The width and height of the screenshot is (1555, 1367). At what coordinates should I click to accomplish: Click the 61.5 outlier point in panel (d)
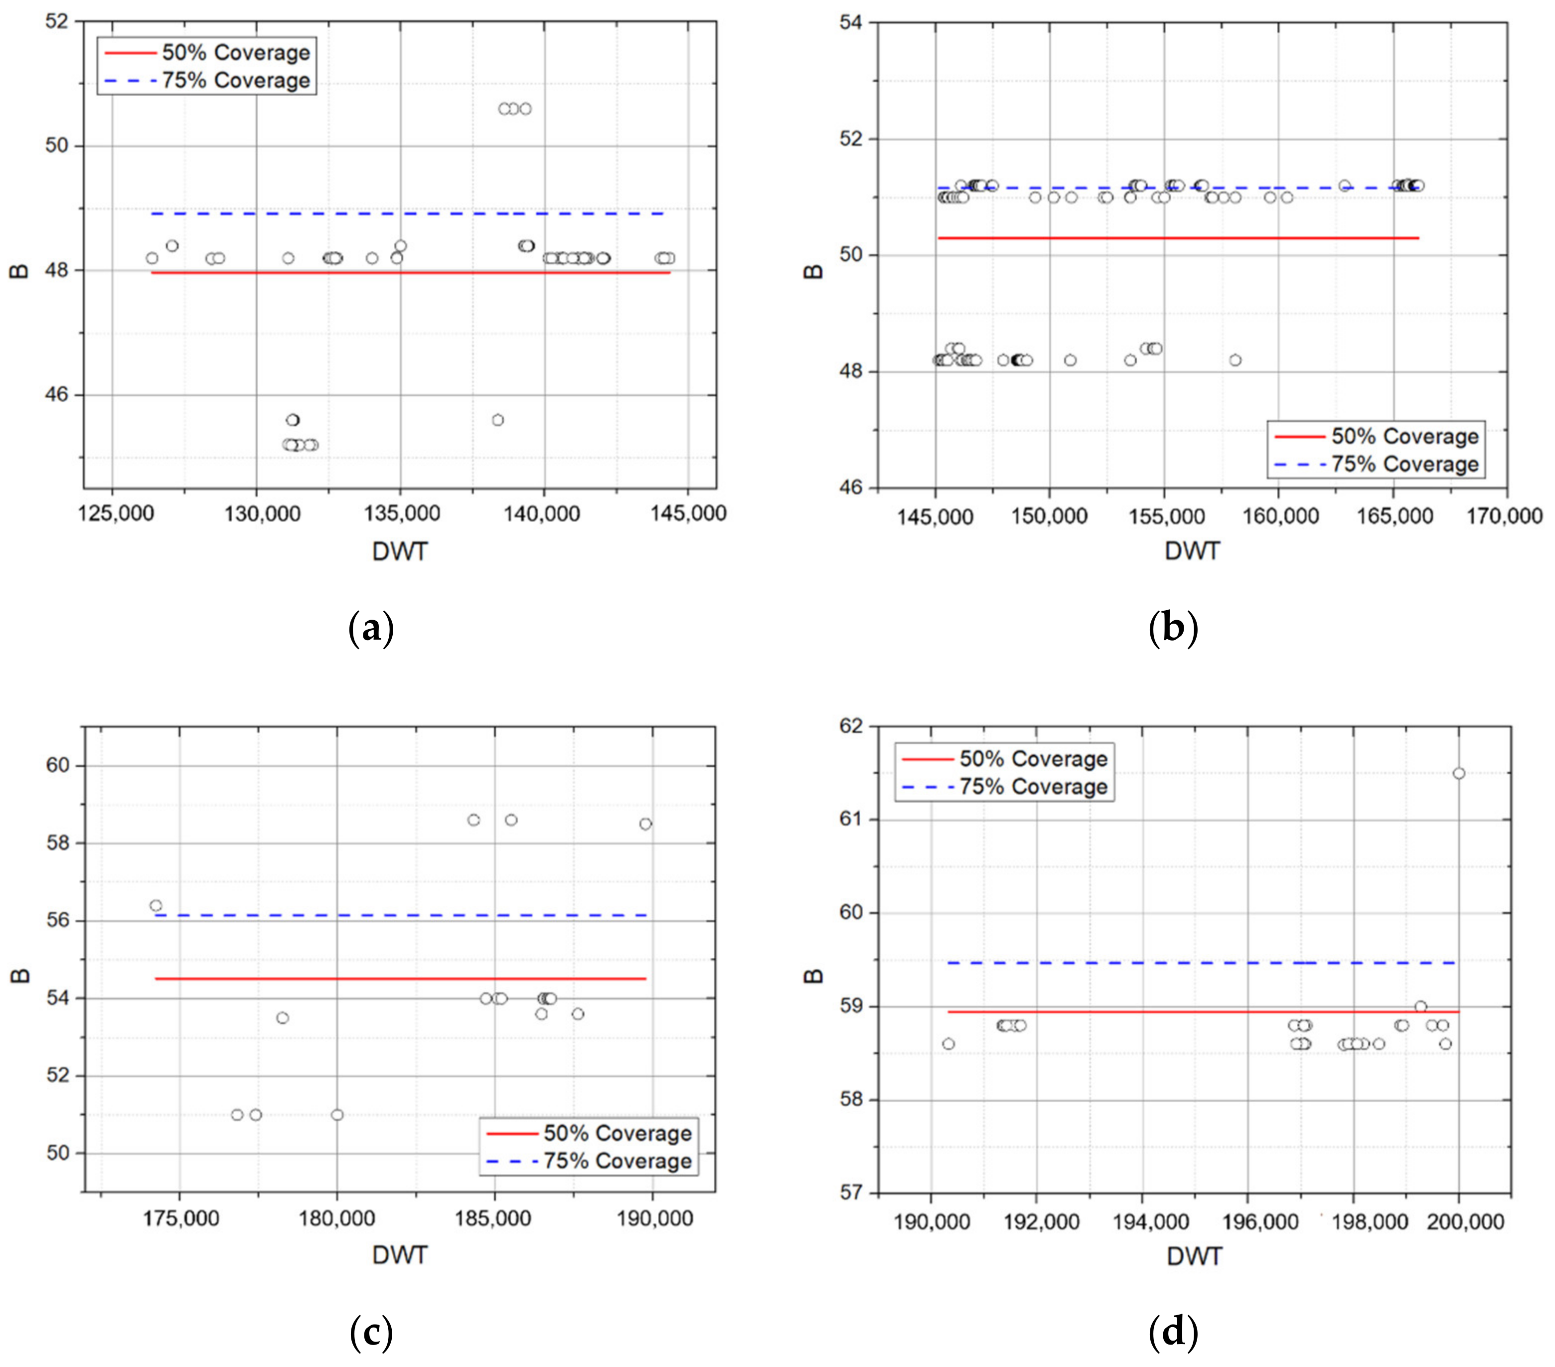pos(1458,773)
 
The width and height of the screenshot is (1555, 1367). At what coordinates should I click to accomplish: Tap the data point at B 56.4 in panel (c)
pos(156,906)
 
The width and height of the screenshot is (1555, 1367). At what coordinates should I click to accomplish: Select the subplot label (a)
pos(370,629)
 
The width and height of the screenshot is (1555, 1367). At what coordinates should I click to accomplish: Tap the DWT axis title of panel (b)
pos(1191,551)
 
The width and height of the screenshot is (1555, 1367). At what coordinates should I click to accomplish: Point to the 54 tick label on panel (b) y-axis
pos(851,22)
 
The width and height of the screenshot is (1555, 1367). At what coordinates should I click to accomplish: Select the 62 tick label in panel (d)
pos(851,726)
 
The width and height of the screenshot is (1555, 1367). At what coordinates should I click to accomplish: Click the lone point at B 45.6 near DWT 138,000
pos(497,420)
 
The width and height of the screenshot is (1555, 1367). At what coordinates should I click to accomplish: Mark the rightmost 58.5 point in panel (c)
pos(645,824)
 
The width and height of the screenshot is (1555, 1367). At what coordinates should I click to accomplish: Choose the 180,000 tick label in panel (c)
pos(336,1218)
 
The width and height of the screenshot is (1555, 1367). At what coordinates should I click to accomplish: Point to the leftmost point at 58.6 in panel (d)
pos(948,1043)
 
